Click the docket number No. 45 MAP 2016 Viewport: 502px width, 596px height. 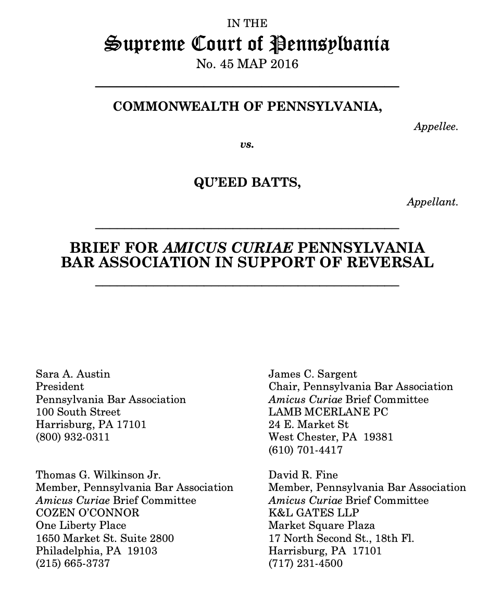pyautogui.click(x=247, y=64)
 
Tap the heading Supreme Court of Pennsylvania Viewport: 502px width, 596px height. pyautogui.click(x=247, y=44)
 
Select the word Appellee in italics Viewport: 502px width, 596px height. pyautogui.click(x=436, y=126)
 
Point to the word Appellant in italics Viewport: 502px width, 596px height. pyautogui.click(x=432, y=202)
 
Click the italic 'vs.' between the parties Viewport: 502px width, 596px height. pyautogui.click(x=247, y=145)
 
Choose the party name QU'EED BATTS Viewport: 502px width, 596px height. pyautogui.click(x=247, y=183)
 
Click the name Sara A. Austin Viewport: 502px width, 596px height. pyautogui.click(x=73, y=374)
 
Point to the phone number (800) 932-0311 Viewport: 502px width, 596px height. pyautogui.click(x=73, y=437)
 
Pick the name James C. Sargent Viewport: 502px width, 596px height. pyautogui.click(x=312, y=374)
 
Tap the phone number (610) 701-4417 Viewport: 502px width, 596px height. pyautogui.click(x=306, y=450)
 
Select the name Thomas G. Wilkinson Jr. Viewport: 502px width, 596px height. pyautogui.click(x=98, y=475)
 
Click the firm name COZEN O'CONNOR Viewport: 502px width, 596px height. pyautogui.click(x=87, y=513)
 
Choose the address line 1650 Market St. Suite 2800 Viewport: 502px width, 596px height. pyautogui.click(x=105, y=538)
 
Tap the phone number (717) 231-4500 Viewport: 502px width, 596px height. pyautogui.click(x=306, y=563)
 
